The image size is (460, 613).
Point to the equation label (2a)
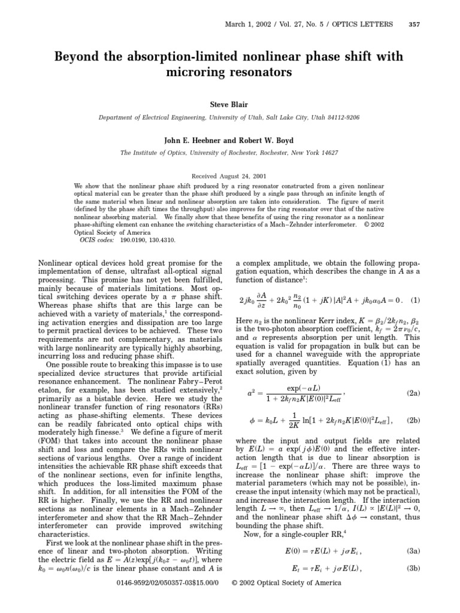pyautogui.click(x=413, y=393)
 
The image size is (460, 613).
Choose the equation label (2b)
pyautogui.click(x=413, y=421)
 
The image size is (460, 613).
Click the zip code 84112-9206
pyautogui.click(x=338, y=117)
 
